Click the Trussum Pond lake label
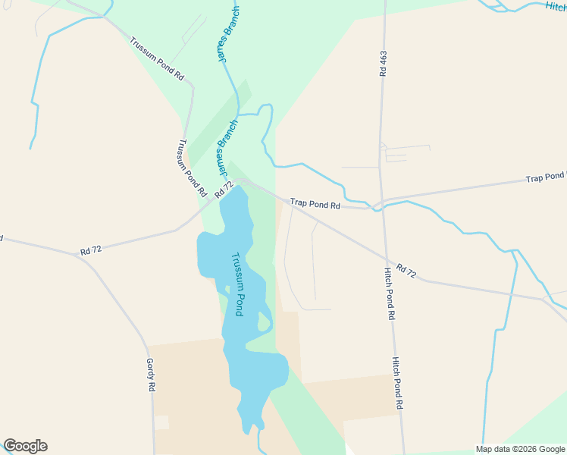238,284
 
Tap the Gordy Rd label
151,375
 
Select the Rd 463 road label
383,64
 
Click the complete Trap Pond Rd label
315,203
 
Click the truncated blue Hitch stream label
555,7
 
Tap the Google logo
25,446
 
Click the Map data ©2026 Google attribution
520,449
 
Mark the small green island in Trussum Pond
263,322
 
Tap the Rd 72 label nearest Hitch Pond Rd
406,271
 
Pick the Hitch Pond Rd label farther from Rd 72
396,384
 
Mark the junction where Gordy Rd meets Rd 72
77,254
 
